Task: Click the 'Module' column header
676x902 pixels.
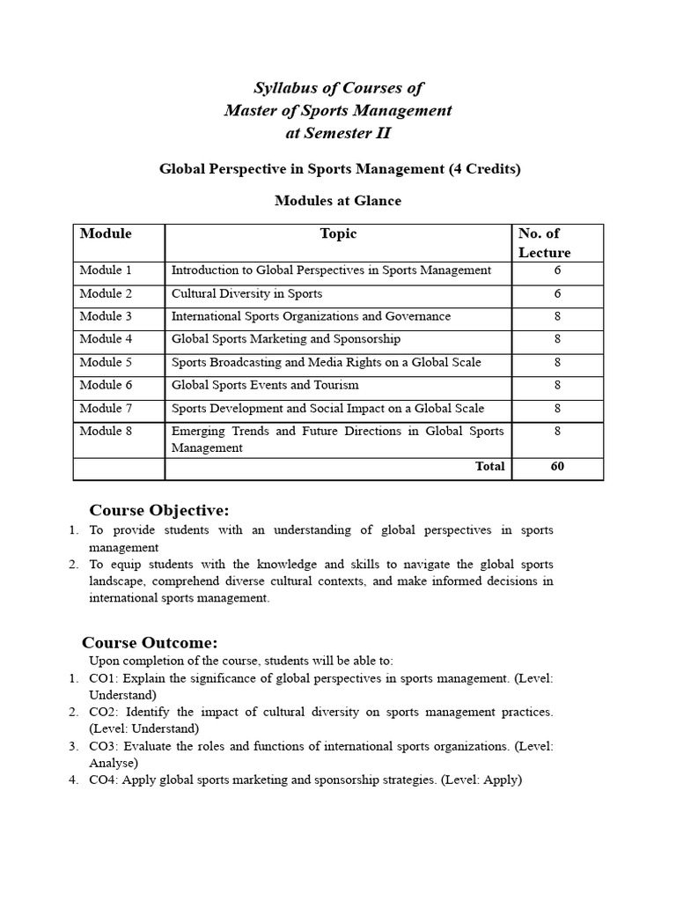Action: (x=106, y=233)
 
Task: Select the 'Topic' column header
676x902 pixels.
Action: (x=338, y=233)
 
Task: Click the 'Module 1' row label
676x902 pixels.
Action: (x=106, y=270)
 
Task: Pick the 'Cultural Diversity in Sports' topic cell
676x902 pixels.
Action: (x=246, y=293)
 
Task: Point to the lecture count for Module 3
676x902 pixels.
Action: (x=557, y=316)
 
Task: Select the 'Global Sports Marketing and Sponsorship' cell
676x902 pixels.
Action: (x=285, y=339)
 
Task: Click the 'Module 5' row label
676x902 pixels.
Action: (x=106, y=362)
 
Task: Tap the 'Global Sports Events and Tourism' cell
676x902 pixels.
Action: (x=265, y=385)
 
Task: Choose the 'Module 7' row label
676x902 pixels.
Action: (x=106, y=408)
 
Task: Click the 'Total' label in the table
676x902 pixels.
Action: (x=489, y=467)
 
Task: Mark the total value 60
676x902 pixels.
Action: (x=557, y=467)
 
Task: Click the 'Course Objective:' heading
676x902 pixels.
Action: (x=158, y=511)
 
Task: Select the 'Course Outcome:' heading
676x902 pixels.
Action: (x=150, y=642)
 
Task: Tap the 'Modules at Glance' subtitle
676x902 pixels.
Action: (x=338, y=201)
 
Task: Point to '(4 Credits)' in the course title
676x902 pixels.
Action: (x=484, y=168)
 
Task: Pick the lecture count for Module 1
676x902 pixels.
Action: (x=557, y=270)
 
